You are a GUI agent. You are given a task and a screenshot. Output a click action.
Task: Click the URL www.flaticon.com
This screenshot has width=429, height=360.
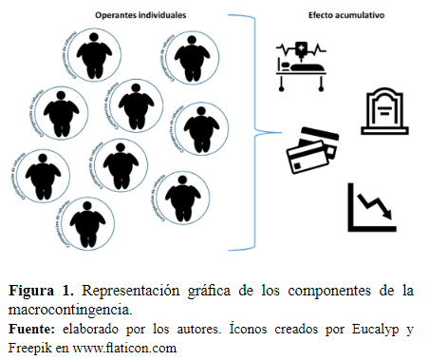130,347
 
